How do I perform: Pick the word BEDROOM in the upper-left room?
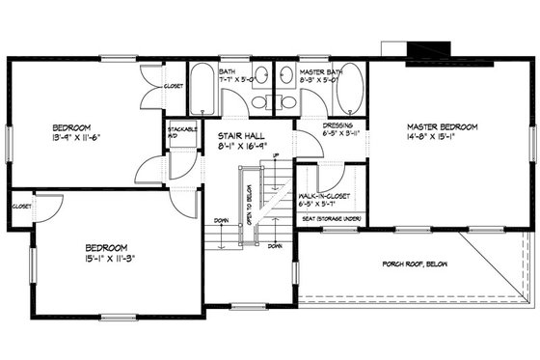[x=71, y=126]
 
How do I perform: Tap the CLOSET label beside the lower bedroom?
[x=21, y=206]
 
